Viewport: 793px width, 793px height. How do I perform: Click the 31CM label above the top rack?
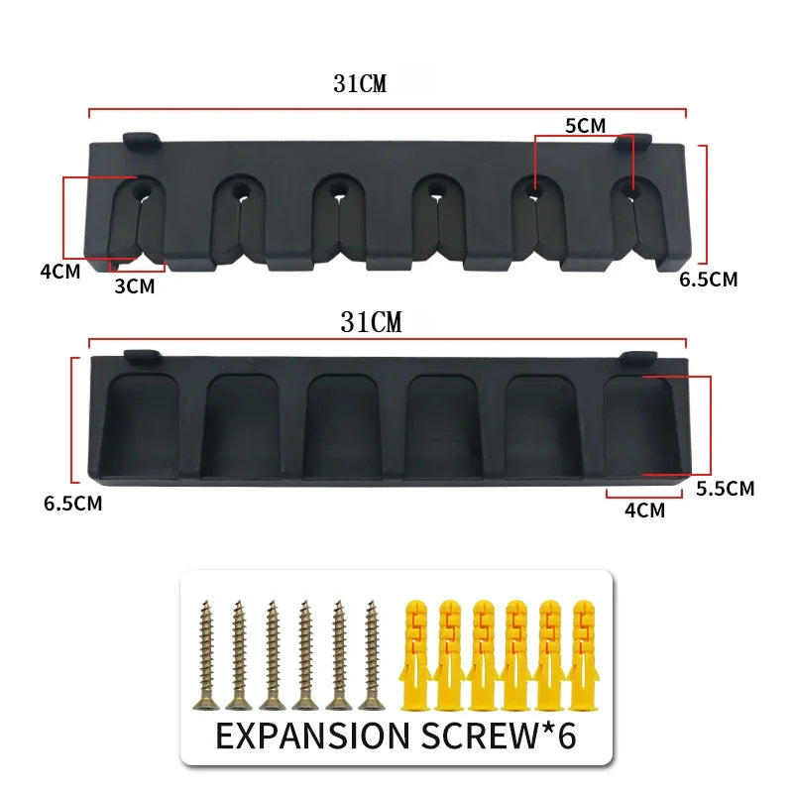[x=360, y=84]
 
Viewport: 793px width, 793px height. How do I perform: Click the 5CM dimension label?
[x=585, y=125]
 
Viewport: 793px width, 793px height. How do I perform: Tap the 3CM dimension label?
[x=135, y=286]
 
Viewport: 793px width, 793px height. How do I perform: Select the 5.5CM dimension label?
[x=725, y=488]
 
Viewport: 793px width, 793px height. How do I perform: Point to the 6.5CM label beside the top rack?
[x=709, y=280]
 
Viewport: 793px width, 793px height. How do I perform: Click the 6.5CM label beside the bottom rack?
[x=72, y=504]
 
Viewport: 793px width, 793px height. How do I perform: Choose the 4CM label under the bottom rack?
[x=644, y=510]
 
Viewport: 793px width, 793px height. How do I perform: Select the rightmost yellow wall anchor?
[x=581, y=654]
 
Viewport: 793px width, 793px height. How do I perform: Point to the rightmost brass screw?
[x=372, y=654]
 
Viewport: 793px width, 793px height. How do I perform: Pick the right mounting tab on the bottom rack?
[x=637, y=356]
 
